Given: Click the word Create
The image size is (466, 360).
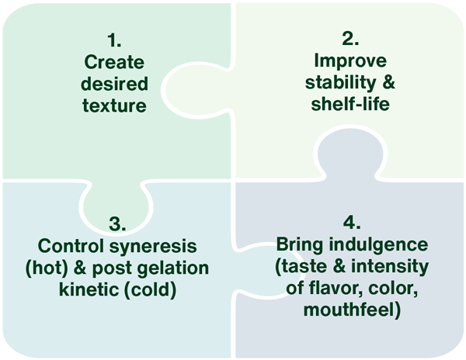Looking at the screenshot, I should click(114, 61).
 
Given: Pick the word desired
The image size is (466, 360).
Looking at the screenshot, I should click(114, 83).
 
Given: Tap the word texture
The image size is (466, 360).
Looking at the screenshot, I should click(114, 105).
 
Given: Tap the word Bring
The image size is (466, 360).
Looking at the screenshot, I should click(299, 247).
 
